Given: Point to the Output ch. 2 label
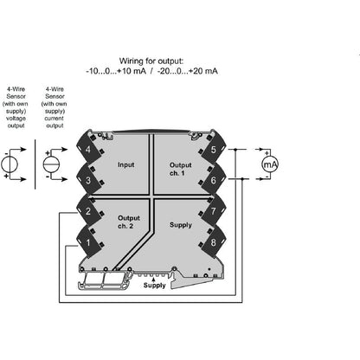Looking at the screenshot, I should [128, 222].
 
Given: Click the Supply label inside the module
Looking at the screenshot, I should [182, 224].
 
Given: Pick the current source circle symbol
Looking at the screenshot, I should [51, 164].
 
